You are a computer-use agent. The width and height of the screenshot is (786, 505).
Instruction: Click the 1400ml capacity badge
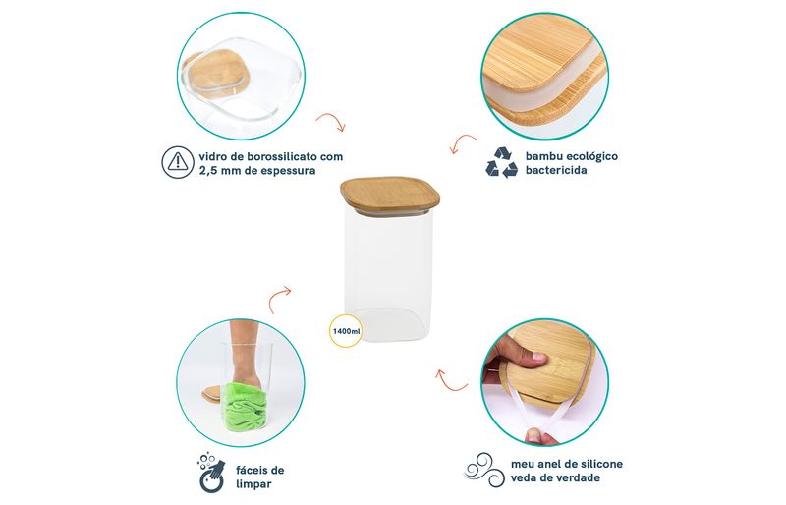point(345,331)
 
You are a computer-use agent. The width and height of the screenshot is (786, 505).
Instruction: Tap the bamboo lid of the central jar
point(390,194)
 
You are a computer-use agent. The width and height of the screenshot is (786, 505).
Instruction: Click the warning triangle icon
point(178,162)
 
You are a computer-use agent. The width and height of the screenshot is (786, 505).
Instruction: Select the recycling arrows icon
point(501,162)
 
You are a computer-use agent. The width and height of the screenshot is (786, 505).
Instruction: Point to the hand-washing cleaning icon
point(210,473)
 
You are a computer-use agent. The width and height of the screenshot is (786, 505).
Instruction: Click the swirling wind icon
point(483,470)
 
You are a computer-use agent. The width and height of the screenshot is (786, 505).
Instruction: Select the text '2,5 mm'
point(217,171)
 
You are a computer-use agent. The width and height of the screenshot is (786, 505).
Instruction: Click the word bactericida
point(549,170)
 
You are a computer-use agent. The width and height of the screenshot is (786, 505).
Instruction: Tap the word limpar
point(253,484)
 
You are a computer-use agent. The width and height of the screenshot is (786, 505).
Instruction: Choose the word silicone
point(600,464)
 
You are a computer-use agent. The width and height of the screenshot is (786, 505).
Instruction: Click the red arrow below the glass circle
point(331,122)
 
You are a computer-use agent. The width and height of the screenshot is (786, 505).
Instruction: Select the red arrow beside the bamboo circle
point(463,143)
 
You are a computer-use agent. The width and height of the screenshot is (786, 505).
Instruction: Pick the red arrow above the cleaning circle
point(280,299)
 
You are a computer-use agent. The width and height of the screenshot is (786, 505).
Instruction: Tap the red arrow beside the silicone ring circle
point(451,380)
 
